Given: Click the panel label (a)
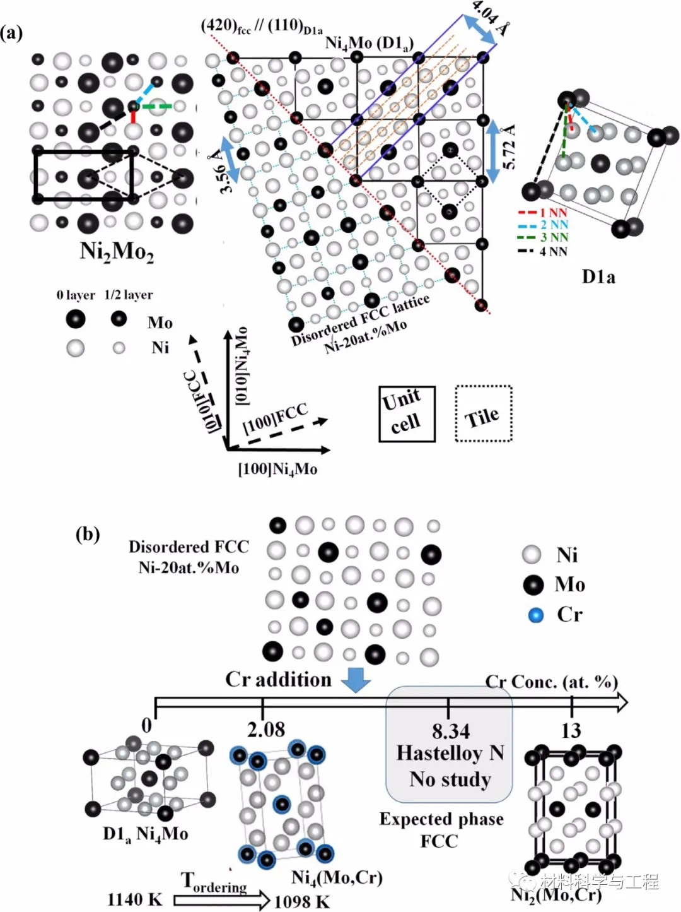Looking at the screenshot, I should point(12,33).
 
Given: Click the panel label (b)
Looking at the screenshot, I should point(88,535).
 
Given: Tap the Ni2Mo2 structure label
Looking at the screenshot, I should point(117,251).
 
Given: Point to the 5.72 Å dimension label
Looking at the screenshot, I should point(509,146).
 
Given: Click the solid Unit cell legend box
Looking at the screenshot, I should point(407,413).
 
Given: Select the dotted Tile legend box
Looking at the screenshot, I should point(484,413).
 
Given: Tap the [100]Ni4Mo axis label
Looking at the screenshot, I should point(277,470).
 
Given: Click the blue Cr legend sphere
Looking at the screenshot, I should point(536,615).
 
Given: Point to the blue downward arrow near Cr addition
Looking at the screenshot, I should point(356,680).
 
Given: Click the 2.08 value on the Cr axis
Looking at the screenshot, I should point(266,730).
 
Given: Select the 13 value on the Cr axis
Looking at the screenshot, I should point(571,730).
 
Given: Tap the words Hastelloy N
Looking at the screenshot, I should point(450,753).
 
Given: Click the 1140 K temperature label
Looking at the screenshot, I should point(134,899).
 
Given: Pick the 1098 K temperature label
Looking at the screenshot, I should point(301,901).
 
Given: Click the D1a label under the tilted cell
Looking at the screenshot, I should point(598,276).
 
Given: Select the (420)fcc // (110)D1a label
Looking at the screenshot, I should point(262,27).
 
